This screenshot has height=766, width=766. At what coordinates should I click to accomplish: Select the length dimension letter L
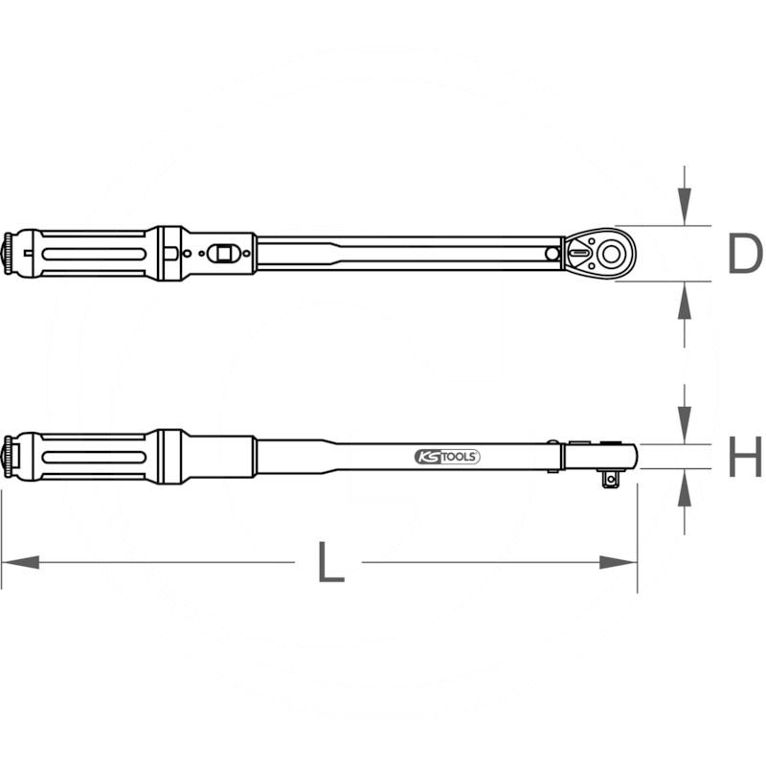point(329,562)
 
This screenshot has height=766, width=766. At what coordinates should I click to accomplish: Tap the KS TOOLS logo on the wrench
point(446,457)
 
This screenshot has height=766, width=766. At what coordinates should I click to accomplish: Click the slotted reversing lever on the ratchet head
point(580,254)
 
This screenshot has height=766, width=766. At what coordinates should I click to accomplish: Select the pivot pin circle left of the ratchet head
point(552,254)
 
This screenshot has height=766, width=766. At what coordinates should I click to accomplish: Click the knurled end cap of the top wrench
point(13,254)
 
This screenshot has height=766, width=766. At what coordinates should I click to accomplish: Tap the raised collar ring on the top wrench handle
point(169,254)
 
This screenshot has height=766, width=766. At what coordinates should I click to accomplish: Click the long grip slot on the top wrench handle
point(91,254)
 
